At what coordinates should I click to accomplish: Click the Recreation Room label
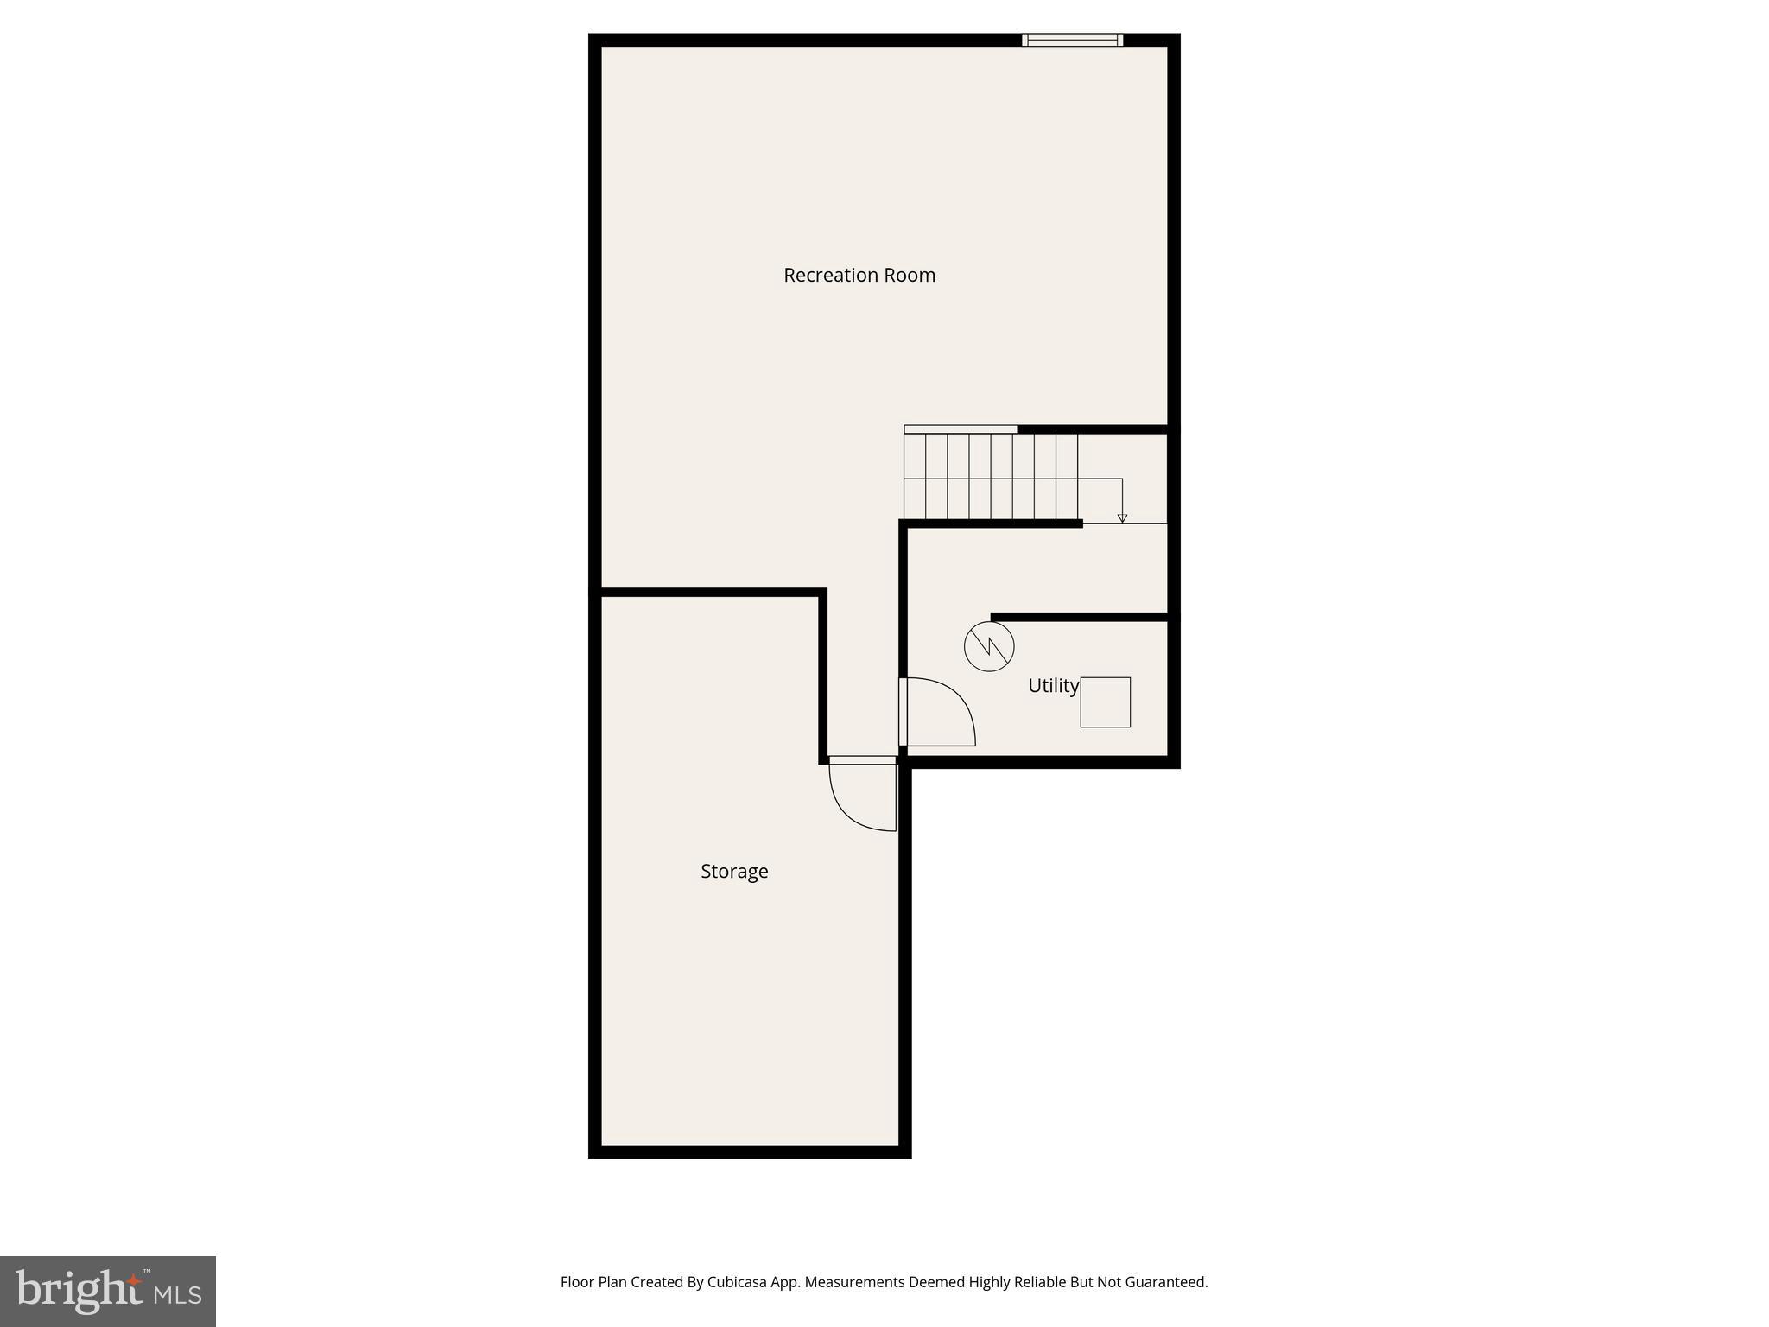[x=859, y=275]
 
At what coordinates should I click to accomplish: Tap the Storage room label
[x=734, y=871]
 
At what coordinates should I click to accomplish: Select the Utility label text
[x=1053, y=685]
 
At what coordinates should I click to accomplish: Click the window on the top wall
[x=1072, y=40]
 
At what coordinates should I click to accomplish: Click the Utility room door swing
[x=939, y=712]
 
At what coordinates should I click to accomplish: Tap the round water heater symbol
[x=989, y=646]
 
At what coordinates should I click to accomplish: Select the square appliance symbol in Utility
[x=1105, y=702]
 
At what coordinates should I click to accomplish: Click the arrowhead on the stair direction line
[x=1122, y=518]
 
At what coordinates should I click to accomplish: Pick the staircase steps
[x=991, y=476]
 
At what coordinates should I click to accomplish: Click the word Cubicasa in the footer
[x=739, y=1282]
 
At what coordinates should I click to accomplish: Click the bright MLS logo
[x=108, y=1291]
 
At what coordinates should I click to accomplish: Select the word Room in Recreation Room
[x=913, y=275]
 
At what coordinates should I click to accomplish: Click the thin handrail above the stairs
[x=960, y=429]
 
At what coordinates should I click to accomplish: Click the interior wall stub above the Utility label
[x=1080, y=617]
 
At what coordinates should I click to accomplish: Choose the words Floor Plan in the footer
[x=593, y=1282]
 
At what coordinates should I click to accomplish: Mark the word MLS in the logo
[x=177, y=1294]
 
